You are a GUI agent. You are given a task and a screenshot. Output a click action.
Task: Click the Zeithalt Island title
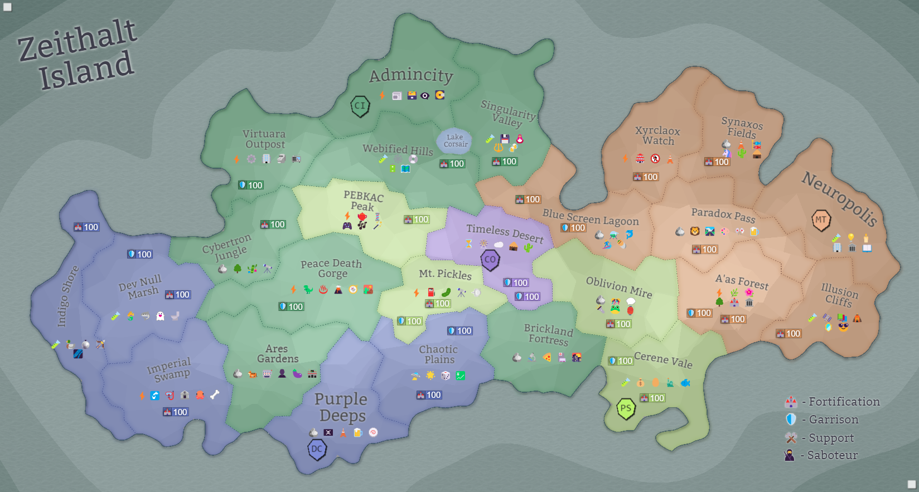pyautogui.click(x=78, y=55)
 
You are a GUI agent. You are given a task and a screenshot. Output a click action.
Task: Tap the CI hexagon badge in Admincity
pyautogui.click(x=360, y=105)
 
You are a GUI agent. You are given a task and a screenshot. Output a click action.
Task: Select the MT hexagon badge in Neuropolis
pyautogui.click(x=821, y=220)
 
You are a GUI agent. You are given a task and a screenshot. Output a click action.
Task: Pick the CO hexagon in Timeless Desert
pyautogui.click(x=490, y=260)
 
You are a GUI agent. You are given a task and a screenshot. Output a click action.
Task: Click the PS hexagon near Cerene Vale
pyautogui.click(x=626, y=408)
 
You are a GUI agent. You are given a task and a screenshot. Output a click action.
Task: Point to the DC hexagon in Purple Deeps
pyautogui.click(x=317, y=449)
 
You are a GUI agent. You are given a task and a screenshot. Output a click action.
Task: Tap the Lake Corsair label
pyautogui.click(x=455, y=141)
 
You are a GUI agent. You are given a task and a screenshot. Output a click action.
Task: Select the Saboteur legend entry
pyautogui.click(x=822, y=455)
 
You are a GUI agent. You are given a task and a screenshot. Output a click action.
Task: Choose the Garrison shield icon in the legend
pyautogui.click(x=791, y=420)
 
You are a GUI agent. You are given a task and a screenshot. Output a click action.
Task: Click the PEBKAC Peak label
pyautogui.click(x=363, y=201)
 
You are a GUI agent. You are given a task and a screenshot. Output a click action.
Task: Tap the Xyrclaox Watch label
pyautogui.click(x=658, y=136)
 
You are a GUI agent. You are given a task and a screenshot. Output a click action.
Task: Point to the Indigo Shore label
pyautogui.click(x=67, y=296)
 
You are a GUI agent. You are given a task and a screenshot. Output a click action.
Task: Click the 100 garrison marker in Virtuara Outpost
pyautogui.click(x=251, y=185)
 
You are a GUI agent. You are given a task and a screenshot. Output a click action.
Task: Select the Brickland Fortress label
pyautogui.click(x=548, y=334)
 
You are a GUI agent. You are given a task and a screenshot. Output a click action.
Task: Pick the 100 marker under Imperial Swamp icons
pyautogui.click(x=176, y=412)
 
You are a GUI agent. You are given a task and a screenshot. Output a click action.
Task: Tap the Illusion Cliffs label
pyautogui.click(x=839, y=295)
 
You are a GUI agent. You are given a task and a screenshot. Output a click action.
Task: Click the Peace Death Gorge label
pyautogui.click(x=332, y=269)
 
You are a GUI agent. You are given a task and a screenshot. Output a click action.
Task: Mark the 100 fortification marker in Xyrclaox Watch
pyautogui.click(x=646, y=177)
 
